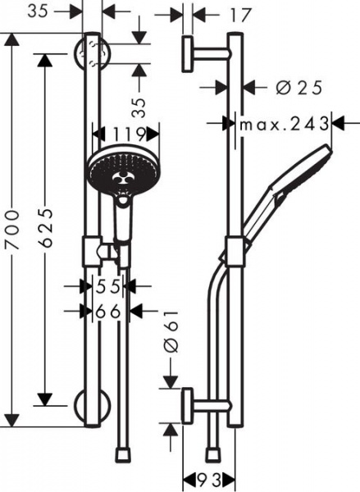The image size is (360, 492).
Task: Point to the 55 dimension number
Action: pos(107,286)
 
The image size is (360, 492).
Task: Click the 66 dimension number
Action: pos(107,312)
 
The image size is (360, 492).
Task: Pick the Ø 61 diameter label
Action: pos(171,332)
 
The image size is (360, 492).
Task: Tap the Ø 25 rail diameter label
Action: pos(299,88)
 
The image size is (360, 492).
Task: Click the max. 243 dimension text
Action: pos(285,125)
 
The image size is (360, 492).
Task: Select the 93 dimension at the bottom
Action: pos(209,479)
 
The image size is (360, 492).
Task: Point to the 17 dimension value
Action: pos(241,15)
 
